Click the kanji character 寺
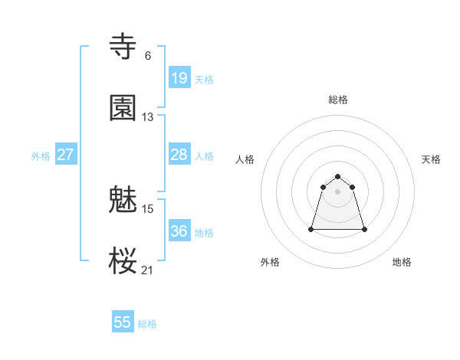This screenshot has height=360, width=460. click(x=123, y=47)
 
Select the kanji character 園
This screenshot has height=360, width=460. click(x=123, y=108)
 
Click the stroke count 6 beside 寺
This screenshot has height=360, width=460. click(x=147, y=55)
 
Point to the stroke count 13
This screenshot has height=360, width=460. click(x=148, y=116)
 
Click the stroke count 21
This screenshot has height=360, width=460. click(x=148, y=270)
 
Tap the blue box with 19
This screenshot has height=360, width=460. click(x=179, y=77)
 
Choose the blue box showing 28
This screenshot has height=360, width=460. click(x=179, y=155)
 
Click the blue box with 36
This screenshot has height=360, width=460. click(x=179, y=231)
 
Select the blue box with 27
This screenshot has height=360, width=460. click(x=65, y=155)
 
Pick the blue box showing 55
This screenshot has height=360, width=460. click(x=123, y=322)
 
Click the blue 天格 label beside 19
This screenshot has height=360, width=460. click(x=204, y=79)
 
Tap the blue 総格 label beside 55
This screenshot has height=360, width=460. click(x=148, y=324)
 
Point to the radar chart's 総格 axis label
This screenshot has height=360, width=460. click(x=338, y=100)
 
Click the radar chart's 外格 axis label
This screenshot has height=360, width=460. click(x=270, y=262)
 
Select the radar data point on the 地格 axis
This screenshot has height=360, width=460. click(x=364, y=229)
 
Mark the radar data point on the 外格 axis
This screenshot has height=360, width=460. click(x=312, y=229)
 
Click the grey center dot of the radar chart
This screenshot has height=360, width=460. click(x=338, y=191)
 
